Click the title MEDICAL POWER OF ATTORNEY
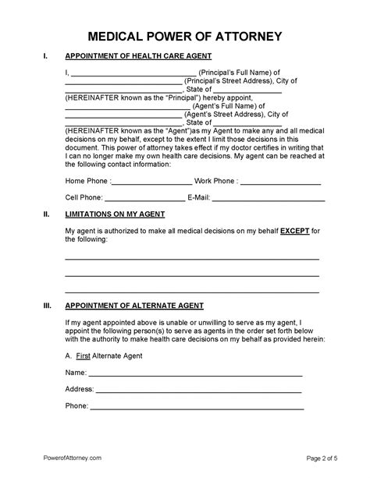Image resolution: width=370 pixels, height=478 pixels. click(184, 37)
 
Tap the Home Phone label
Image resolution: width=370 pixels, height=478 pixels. click(87, 181)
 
